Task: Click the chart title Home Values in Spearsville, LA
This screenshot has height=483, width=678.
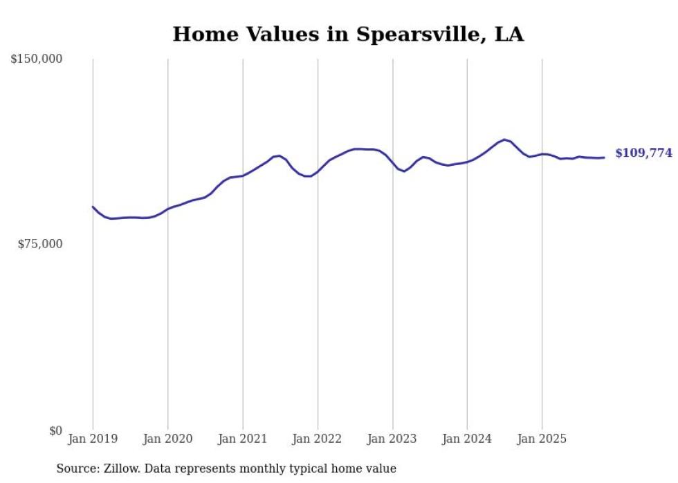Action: (348, 34)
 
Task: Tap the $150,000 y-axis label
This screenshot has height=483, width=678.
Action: (37, 59)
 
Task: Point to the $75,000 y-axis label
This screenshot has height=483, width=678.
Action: (39, 244)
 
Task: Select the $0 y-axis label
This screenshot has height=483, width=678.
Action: (55, 430)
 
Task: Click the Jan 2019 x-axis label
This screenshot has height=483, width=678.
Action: (93, 439)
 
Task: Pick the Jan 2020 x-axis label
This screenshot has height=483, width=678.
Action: (167, 439)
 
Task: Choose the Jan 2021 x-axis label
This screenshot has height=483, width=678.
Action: (242, 439)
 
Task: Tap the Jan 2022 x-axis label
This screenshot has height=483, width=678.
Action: (318, 439)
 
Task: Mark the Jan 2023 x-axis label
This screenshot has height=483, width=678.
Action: (392, 439)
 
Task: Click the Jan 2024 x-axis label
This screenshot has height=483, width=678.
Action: (467, 439)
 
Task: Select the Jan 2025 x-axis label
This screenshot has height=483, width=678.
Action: (542, 439)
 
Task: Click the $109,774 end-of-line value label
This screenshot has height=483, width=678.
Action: (643, 153)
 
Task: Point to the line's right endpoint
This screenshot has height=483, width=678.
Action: (604, 158)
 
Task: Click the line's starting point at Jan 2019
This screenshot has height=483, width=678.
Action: (93, 207)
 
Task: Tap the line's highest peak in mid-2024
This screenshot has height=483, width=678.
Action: (504, 140)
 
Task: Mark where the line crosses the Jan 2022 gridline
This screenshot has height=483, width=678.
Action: (318, 171)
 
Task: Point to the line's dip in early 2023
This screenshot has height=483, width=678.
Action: (404, 171)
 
